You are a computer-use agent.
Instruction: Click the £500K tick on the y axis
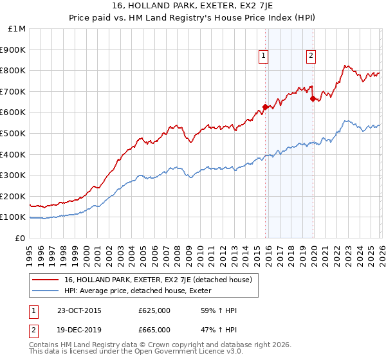coord(13,133)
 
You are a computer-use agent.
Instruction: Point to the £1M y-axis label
coord(16,28)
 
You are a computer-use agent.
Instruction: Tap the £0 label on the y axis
coord(21,238)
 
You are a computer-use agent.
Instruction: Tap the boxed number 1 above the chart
coord(264,57)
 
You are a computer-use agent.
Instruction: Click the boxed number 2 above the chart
coord(311,57)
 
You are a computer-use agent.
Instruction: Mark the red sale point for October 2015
coord(265,107)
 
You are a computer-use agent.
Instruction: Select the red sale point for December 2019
coord(313,98)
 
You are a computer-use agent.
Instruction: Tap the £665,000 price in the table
coord(154,330)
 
